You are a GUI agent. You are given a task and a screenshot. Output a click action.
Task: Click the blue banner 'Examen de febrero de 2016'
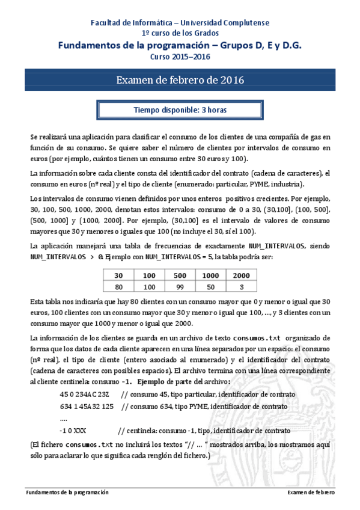[x=180, y=80]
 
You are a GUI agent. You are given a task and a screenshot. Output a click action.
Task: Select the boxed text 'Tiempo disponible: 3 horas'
[x=180, y=110]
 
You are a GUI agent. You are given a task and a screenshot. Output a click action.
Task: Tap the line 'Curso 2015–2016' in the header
[x=180, y=57]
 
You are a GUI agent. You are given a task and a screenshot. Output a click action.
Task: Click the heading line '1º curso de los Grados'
[x=180, y=33]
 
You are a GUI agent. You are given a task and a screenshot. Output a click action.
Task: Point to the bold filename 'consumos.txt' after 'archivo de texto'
[x=257, y=338]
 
